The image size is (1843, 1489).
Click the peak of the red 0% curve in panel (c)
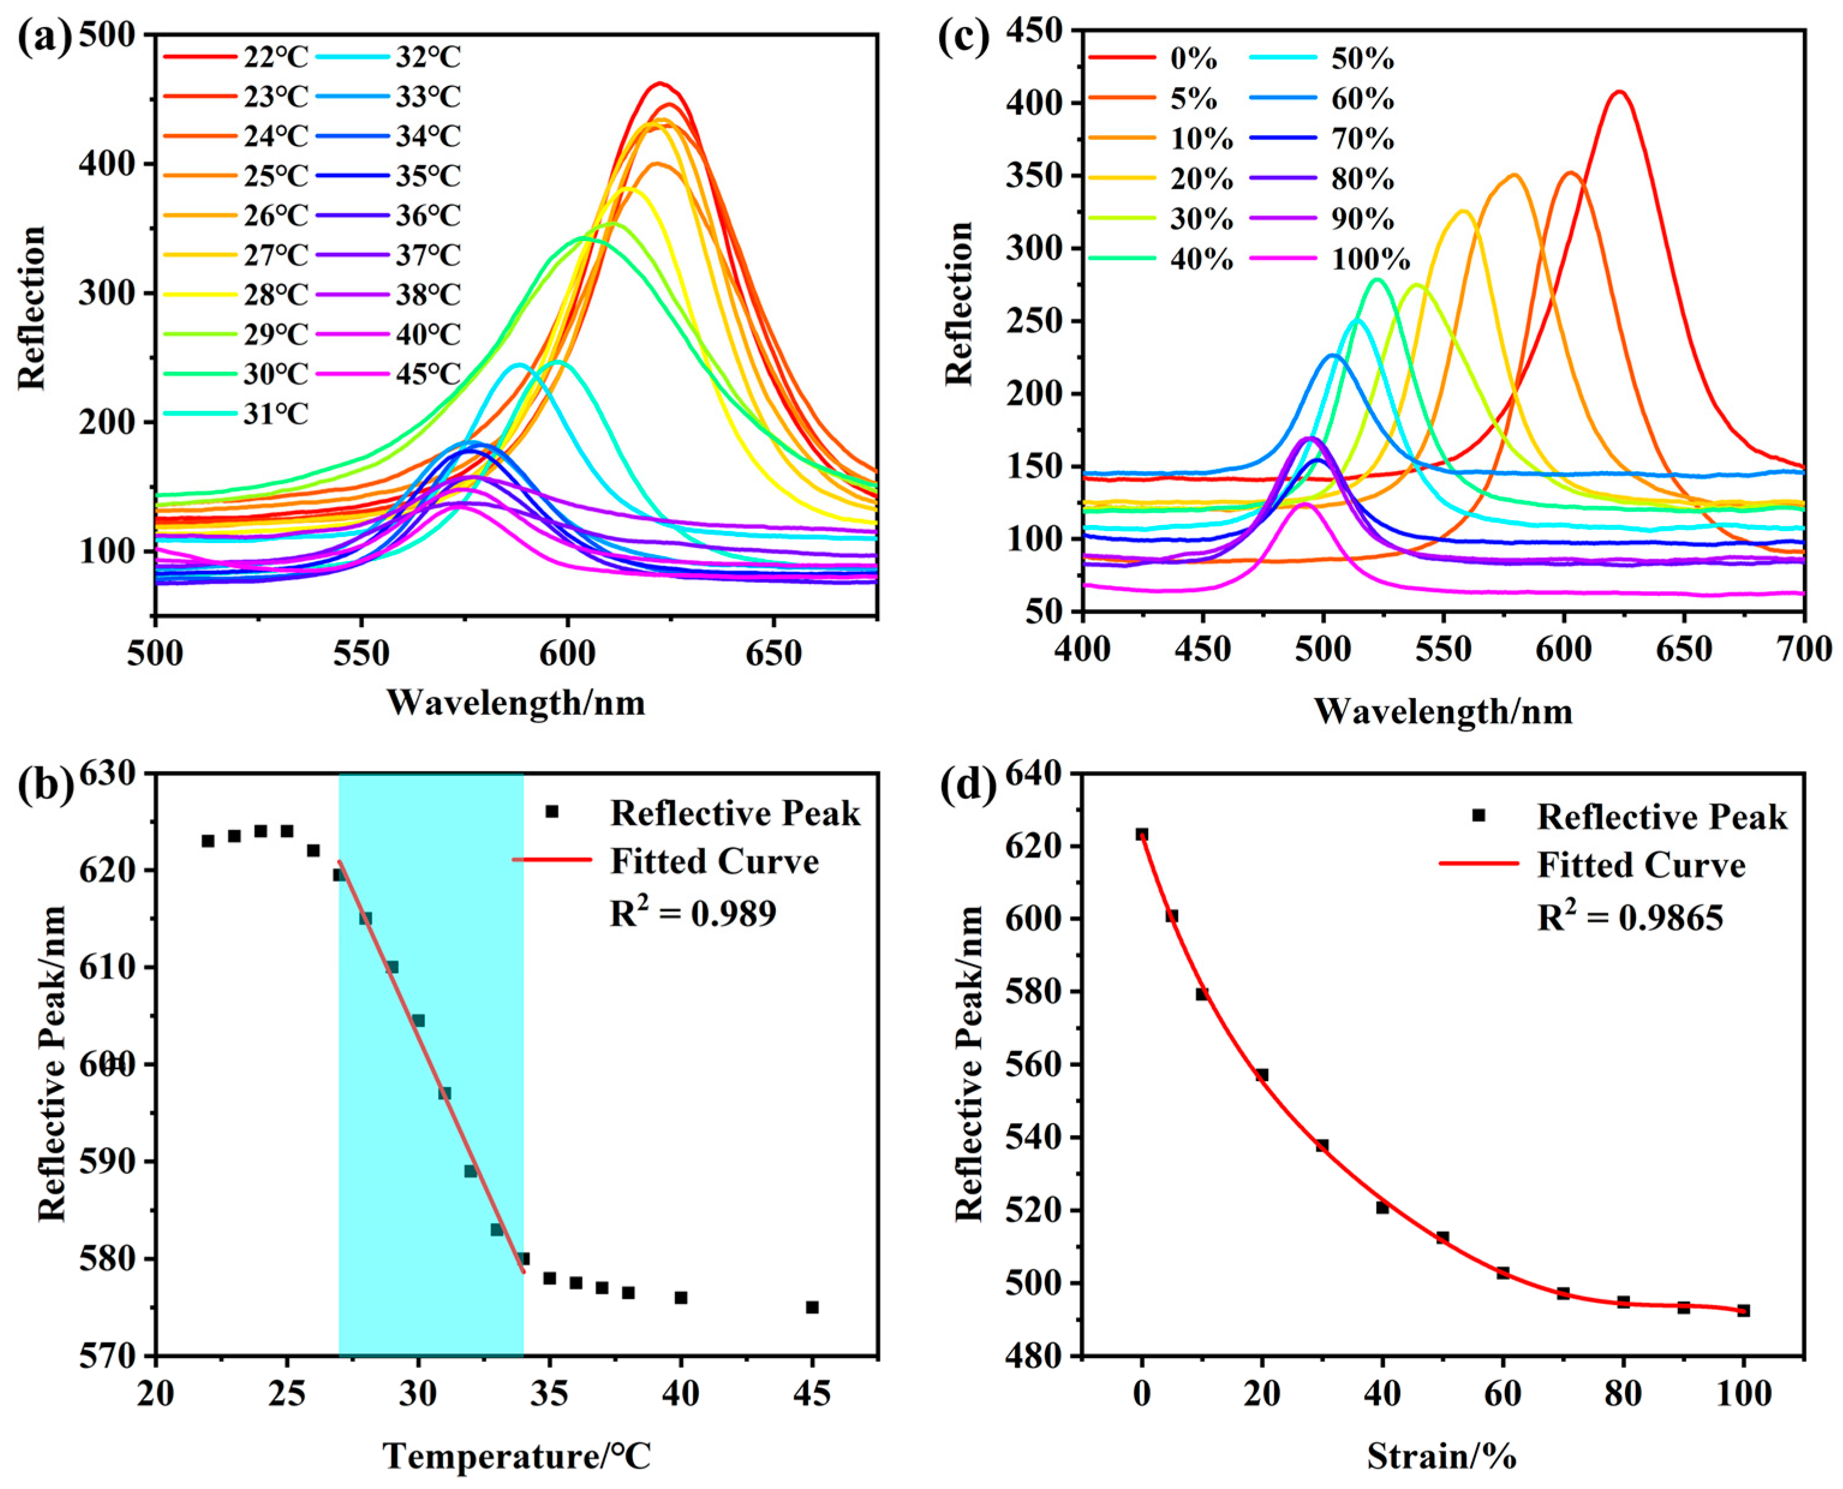(x=1618, y=92)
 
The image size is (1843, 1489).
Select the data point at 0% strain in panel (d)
(x=1142, y=834)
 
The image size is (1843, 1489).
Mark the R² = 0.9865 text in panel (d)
(x=1629, y=918)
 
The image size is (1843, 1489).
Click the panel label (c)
(x=963, y=38)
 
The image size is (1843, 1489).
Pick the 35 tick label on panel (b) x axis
(x=549, y=1393)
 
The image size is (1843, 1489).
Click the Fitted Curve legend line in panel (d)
(x=1478, y=864)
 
